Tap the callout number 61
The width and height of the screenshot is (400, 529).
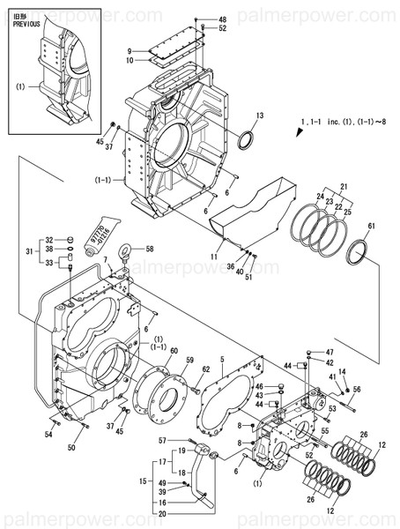[372, 227]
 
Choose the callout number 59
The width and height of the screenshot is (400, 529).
[189, 361]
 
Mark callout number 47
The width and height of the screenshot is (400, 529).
[330, 352]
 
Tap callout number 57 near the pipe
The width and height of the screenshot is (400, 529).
[163, 440]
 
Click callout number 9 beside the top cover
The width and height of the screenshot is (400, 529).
[129, 50]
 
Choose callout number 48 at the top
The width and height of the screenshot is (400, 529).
[222, 19]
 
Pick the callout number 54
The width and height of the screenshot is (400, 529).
[48, 435]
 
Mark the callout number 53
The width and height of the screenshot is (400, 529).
[333, 410]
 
